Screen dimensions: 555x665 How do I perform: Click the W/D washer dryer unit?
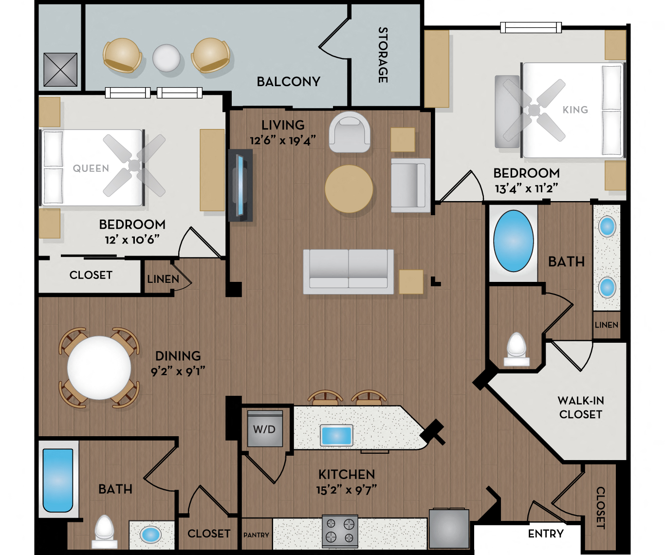tap(265, 429)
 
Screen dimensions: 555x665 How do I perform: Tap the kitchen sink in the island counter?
tap(336, 435)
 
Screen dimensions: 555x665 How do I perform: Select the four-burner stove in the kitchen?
tap(340, 531)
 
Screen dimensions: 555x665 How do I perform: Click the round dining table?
tap(99, 368)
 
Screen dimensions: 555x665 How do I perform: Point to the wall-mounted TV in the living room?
tap(240, 185)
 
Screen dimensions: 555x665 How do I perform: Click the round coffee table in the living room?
tap(349, 189)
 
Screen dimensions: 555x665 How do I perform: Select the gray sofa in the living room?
tap(348, 271)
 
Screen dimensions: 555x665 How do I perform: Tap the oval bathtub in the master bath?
tap(513, 241)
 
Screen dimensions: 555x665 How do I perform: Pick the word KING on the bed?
tap(575, 110)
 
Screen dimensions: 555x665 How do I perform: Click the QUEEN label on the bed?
tap(91, 168)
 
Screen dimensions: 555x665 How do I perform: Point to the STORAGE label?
tap(383, 55)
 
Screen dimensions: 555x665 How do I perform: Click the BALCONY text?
tap(288, 82)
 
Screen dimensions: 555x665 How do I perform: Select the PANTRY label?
tap(256, 535)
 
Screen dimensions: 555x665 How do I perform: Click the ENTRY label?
tap(546, 534)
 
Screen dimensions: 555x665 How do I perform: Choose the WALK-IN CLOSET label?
tap(580, 407)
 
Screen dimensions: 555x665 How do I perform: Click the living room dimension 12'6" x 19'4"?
tap(283, 141)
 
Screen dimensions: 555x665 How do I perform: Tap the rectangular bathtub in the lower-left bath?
tap(57, 480)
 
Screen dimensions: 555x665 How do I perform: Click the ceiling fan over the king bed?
tap(534, 111)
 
